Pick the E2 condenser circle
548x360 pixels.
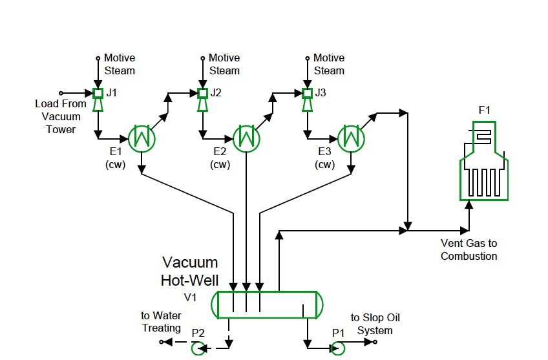[x=246, y=137]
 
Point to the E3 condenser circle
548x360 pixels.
[x=350, y=137]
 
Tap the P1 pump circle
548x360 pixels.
[x=337, y=348]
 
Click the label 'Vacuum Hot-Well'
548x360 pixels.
[x=189, y=271]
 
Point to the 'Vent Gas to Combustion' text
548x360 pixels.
[x=469, y=250]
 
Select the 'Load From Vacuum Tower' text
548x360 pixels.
[x=61, y=116]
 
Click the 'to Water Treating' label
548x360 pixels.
[x=162, y=322]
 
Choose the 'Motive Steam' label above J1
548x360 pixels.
[x=120, y=64]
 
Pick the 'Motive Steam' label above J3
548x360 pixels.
[x=329, y=64]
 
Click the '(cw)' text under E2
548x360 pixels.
[x=220, y=164]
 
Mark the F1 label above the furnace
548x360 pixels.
[x=484, y=110]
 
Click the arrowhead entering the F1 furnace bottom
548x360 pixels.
[x=469, y=206]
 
